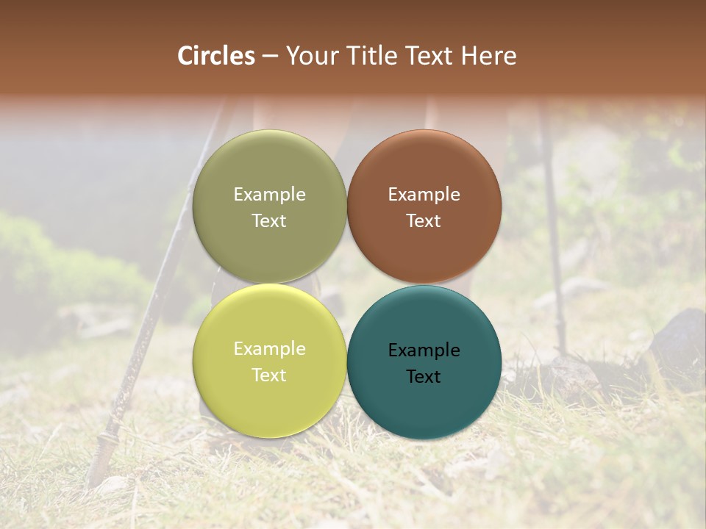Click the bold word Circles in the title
pos(216,56)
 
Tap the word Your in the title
pos(311,56)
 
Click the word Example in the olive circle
pos(269,194)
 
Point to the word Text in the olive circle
pos(269,220)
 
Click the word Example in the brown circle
pos(424,194)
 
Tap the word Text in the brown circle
pos(424,220)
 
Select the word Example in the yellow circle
pos(269,348)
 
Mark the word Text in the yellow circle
pos(269,375)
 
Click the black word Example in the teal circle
pos(424,350)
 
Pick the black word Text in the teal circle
pos(424,376)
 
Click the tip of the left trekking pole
pos(93,481)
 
